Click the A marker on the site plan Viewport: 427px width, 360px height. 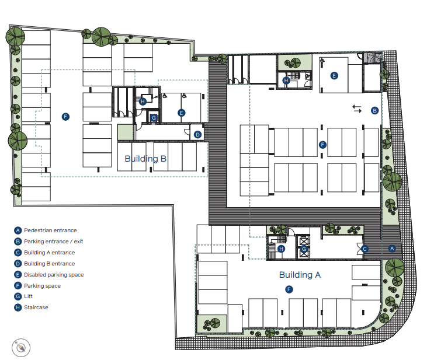tap(392, 248)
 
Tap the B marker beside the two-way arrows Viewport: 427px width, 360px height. tap(374, 110)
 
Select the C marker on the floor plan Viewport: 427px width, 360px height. tap(365, 249)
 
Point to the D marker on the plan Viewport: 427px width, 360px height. tap(197, 134)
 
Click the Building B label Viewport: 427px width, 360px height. tap(145, 159)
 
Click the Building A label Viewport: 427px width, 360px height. tap(300, 275)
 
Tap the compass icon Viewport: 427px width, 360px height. tap(21, 348)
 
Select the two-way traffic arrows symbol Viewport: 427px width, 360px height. tap(357, 109)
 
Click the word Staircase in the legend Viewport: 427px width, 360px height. tap(36, 307)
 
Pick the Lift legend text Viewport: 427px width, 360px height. tap(28, 296)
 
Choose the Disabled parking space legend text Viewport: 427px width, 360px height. tap(54, 275)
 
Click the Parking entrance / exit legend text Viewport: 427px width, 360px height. tap(53, 242)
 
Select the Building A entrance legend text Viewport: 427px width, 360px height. tap(49, 253)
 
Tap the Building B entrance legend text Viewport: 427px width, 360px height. tap(49, 264)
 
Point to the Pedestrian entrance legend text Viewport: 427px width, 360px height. tap(50, 230)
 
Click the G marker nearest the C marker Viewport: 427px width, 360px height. tap(304, 249)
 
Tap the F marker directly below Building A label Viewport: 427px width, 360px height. tap(289, 289)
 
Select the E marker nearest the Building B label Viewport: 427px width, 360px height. tap(181, 113)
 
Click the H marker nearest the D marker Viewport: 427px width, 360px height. tap(143, 102)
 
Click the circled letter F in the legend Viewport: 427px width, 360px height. tap(18, 286)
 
